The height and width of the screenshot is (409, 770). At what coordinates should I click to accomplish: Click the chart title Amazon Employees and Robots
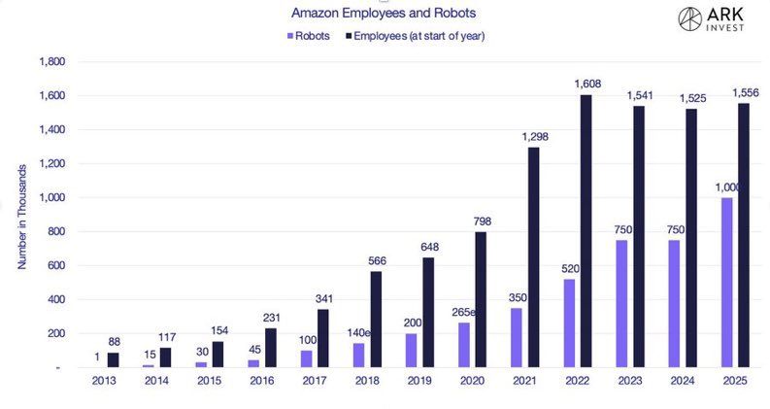click(x=383, y=14)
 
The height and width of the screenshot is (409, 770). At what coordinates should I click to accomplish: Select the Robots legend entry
click(x=309, y=36)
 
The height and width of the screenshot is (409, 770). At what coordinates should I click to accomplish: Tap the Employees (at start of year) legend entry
click(x=415, y=36)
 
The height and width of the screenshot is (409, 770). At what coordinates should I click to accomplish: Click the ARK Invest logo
click(x=717, y=20)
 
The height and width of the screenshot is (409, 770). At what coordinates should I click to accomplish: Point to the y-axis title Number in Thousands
click(x=21, y=214)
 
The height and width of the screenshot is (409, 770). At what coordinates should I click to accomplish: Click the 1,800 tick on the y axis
click(x=50, y=62)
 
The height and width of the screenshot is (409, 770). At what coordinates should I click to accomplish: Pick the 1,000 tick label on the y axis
click(x=50, y=197)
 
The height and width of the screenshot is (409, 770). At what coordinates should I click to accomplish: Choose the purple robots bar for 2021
click(x=516, y=337)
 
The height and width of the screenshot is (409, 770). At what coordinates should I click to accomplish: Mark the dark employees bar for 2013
click(x=113, y=359)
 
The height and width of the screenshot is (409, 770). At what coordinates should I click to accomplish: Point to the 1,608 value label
click(x=587, y=85)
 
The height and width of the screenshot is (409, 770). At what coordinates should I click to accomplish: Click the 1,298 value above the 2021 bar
click(x=534, y=137)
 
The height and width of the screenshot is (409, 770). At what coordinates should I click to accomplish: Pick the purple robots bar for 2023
click(x=621, y=304)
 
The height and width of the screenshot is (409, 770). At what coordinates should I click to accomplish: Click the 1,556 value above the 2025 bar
click(x=745, y=93)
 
